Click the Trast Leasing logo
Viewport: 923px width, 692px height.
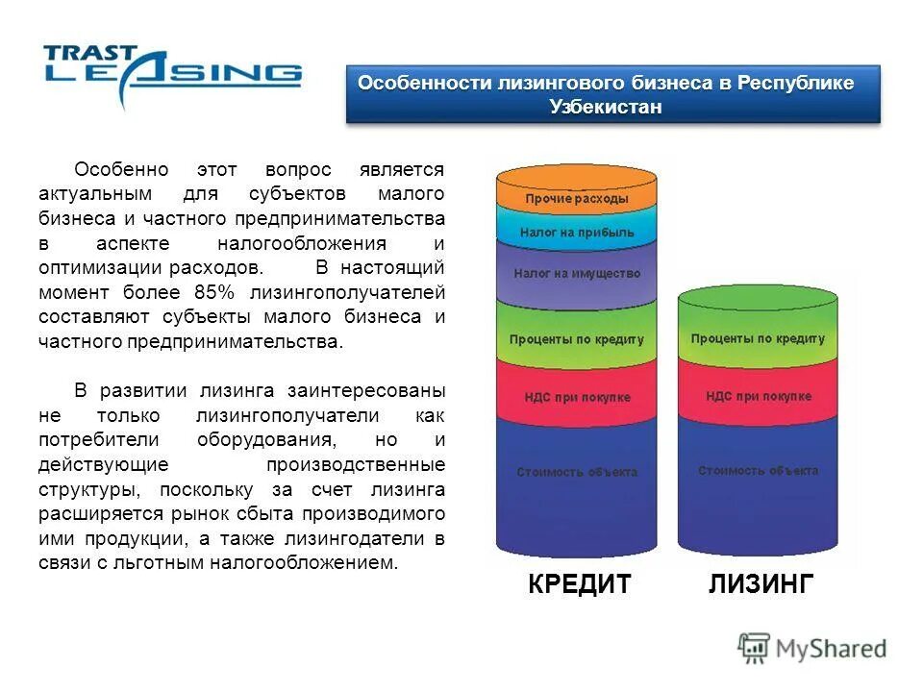pyautogui.click(x=172, y=72)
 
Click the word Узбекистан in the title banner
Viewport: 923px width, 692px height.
pyautogui.click(x=606, y=107)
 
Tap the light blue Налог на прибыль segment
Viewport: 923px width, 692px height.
pyautogui.click(x=576, y=233)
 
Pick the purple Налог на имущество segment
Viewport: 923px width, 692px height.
pyautogui.click(x=576, y=273)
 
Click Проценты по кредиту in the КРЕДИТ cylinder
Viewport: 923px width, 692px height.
pyautogui.click(x=576, y=339)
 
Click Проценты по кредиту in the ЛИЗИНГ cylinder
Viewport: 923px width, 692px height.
pyautogui.click(x=758, y=339)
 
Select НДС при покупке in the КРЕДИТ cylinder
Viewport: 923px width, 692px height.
pyautogui.click(x=576, y=397)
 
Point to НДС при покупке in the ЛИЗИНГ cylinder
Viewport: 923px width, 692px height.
pyautogui.click(x=758, y=396)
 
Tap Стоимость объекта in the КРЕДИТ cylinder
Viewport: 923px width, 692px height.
pyautogui.click(x=576, y=472)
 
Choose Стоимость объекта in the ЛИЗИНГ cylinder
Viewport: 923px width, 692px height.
pyautogui.click(x=758, y=471)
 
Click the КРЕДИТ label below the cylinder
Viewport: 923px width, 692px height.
pyautogui.click(x=580, y=584)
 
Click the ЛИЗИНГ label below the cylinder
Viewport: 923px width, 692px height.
pyautogui.click(x=761, y=584)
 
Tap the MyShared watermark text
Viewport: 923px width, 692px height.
pyautogui.click(x=831, y=649)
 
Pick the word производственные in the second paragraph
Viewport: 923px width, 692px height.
pyautogui.click(x=355, y=464)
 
